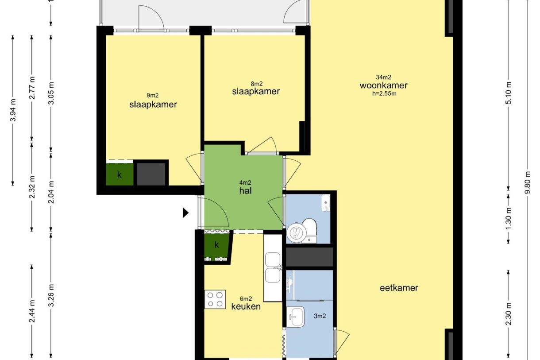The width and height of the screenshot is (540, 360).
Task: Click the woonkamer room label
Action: (383, 86)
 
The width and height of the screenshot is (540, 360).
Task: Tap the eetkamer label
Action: (399, 288)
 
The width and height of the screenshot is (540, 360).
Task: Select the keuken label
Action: (246, 306)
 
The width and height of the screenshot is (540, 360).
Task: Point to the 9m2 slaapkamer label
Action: (153, 105)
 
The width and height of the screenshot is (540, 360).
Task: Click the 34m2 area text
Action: (383, 77)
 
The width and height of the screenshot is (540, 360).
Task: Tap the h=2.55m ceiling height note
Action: (383, 93)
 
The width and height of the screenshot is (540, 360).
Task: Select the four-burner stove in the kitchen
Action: (215, 299)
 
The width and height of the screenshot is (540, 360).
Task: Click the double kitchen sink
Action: (273, 267)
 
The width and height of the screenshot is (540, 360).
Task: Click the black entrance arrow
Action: (186, 213)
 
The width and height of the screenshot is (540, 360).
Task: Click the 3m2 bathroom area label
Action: (320, 316)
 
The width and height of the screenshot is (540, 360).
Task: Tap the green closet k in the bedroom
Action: (119, 175)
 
